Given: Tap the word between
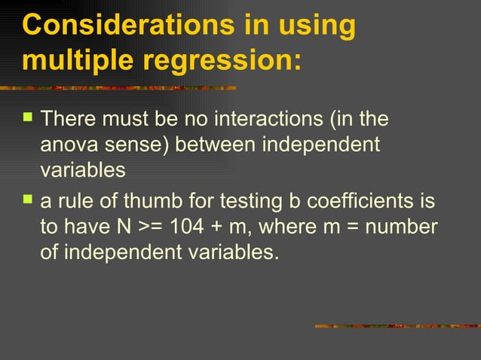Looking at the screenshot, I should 214,145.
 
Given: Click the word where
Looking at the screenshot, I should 289,227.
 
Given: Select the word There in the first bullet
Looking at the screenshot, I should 72,119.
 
